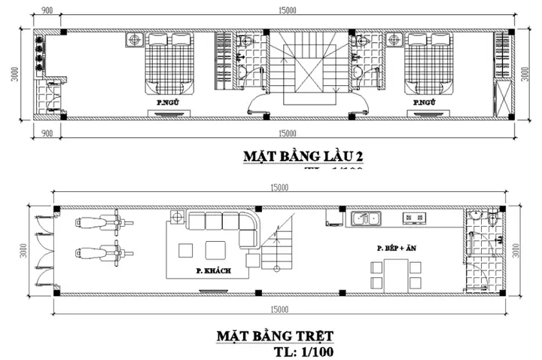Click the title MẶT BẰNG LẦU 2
click(x=303, y=157)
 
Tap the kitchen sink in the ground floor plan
click(x=366, y=218)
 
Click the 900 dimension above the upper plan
click(x=47, y=10)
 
